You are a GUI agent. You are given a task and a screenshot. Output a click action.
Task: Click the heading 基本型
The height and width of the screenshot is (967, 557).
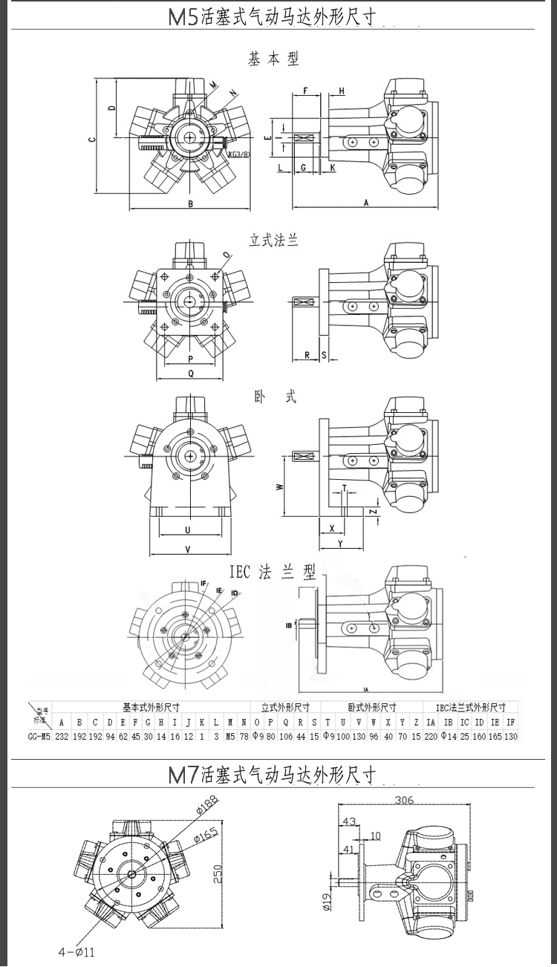click(x=273, y=59)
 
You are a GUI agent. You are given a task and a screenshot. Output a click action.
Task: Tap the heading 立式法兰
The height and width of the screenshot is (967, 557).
click(x=273, y=240)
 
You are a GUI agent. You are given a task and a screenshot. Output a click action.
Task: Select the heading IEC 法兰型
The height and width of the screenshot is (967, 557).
click(x=273, y=572)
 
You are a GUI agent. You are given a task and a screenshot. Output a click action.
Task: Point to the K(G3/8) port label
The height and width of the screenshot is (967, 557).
click(x=238, y=154)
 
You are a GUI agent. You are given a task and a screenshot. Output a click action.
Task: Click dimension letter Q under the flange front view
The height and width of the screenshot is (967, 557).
click(x=191, y=374)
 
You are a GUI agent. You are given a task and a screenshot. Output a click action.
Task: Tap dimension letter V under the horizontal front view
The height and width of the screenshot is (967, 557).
click(x=188, y=549)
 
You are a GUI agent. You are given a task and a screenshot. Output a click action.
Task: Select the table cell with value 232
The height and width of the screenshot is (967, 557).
click(x=62, y=736)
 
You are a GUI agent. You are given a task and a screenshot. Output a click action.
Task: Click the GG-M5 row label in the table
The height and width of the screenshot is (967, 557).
click(x=39, y=736)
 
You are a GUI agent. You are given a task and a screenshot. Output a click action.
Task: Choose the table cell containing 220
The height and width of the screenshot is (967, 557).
click(x=431, y=736)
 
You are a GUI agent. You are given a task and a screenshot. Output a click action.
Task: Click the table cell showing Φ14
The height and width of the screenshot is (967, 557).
click(x=449, y=736)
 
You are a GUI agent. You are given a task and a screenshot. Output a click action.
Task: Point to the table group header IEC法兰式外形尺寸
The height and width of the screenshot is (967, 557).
click(x=470, y=707)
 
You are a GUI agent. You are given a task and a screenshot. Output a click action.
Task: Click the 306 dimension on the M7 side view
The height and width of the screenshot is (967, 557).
click(x=403, y=801)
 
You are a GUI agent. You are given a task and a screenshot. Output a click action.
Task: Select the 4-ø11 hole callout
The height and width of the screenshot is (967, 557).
click(x=76, y=951)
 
